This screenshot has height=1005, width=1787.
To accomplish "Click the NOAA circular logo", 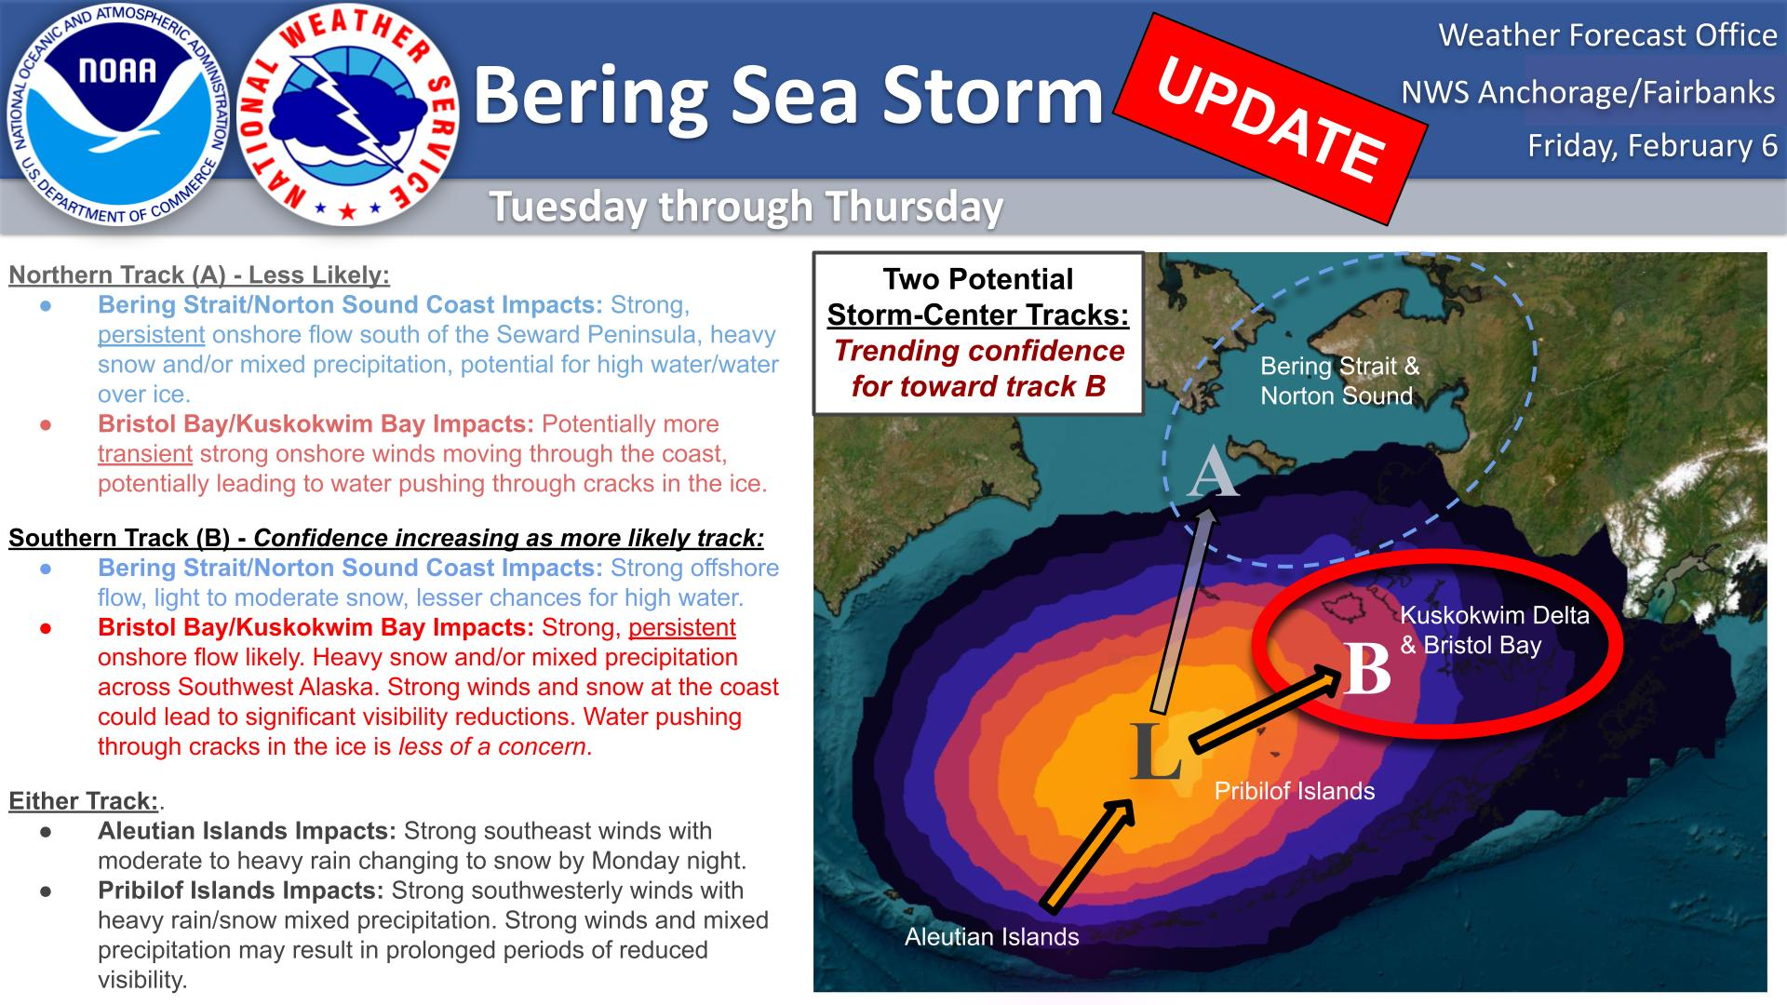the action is pyautogui.click(x=118, y=118).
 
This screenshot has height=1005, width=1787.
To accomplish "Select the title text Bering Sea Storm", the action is pyautogui.click(x=788, y=95).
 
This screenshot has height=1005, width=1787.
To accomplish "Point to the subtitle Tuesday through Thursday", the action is pyautogui.click(x=746, y=206).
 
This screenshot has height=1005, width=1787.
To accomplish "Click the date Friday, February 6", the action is pyautogui.click(x=1652, y=145).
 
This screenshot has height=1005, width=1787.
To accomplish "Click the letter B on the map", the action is pyautogui.click(x=1367, y=668).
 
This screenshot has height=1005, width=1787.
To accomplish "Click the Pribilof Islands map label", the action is pyautogui.click(x=1295, y=791).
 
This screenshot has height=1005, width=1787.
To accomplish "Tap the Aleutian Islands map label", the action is pyautogui.click(x=992, y=936).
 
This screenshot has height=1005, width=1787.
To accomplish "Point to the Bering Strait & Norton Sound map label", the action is pyautogui.click(x=1340, y=381).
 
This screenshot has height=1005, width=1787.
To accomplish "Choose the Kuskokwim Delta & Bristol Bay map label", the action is pyautogui.click(x=1495, y=630).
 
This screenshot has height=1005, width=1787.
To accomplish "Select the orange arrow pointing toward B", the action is pyautogui.click(x=1265, y=706).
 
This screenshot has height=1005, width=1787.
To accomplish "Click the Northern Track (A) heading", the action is pyautogui.click(x=199, y=275).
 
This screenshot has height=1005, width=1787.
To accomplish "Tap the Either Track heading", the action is pyautogui.click(x=84, y=801).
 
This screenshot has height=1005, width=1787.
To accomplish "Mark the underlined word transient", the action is pyautogui.click(x=145, y=454).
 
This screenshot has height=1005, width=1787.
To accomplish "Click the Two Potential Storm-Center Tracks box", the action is pyautogui.click(x=978, y=333).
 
